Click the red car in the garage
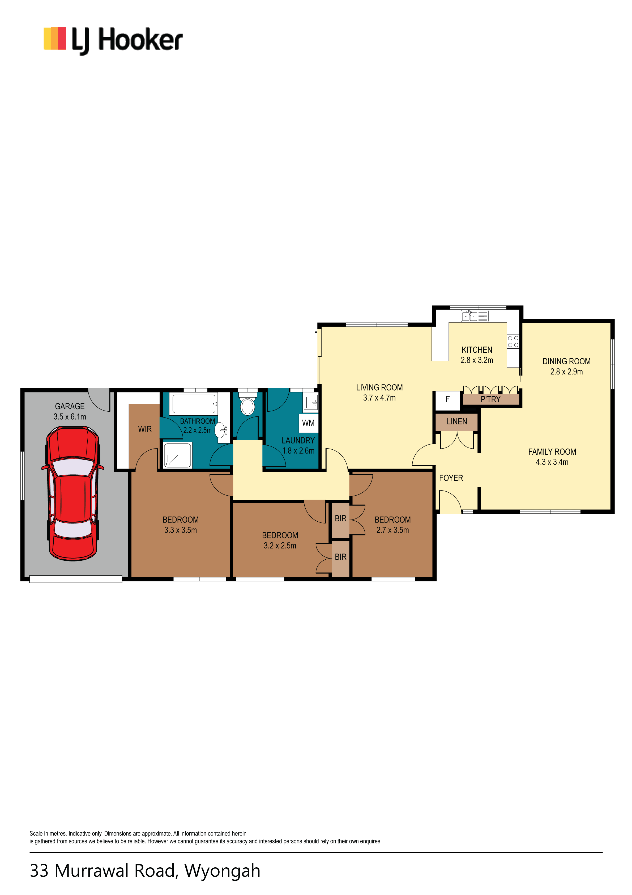point(73,493)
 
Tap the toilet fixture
point(247,404)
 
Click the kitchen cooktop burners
point(513,342)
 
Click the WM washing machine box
point(308,423)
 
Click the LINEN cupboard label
point(457,421)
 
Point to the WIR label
point(145,429)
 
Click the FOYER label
point(451,478)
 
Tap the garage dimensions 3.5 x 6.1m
point(70,417)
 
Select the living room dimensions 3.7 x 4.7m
point(379,398)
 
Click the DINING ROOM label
point(566,361)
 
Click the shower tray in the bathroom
point(178,455)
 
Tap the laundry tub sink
point(311,402)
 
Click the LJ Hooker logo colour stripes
point(54,39)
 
